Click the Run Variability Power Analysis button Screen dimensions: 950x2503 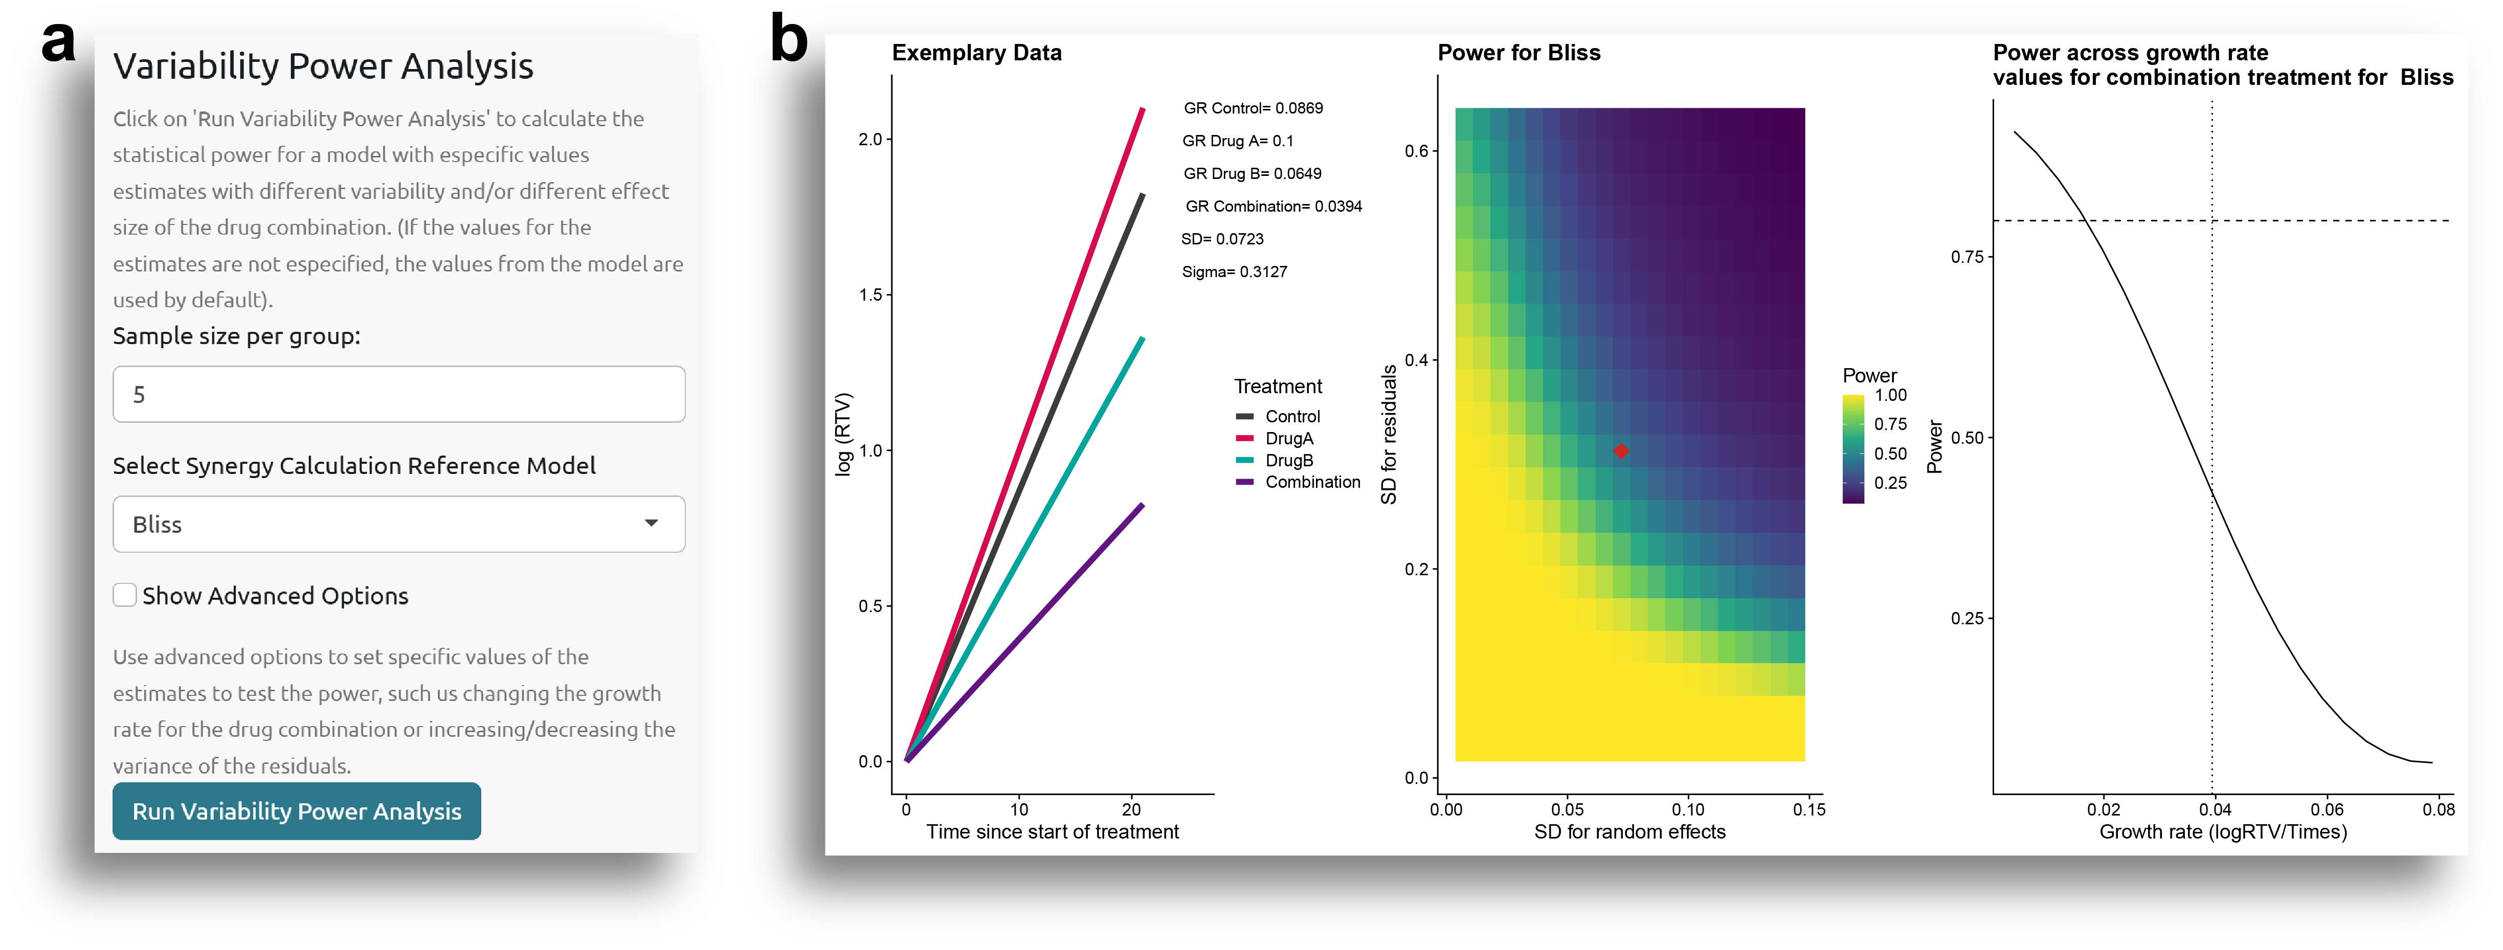pos(296,811)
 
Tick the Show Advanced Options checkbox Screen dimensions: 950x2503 pos(124,596)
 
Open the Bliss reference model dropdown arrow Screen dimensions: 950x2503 pos(651,524)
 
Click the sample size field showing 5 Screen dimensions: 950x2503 pos(398,394)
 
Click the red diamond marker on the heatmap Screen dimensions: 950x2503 pos(1621,451)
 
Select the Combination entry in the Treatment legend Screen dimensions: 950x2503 pos(1312,482)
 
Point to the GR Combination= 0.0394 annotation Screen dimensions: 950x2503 pos(1273,206)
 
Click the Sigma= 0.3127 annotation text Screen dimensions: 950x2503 pos(1234,272)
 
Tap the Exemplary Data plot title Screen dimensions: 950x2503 pos(976,53)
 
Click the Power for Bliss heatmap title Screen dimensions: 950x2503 pos(1518,53)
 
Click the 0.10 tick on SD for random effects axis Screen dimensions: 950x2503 pos(1688,810)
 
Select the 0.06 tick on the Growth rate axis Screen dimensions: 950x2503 pos(2327,810)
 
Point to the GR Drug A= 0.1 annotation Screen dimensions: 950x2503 pos(1238,141)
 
